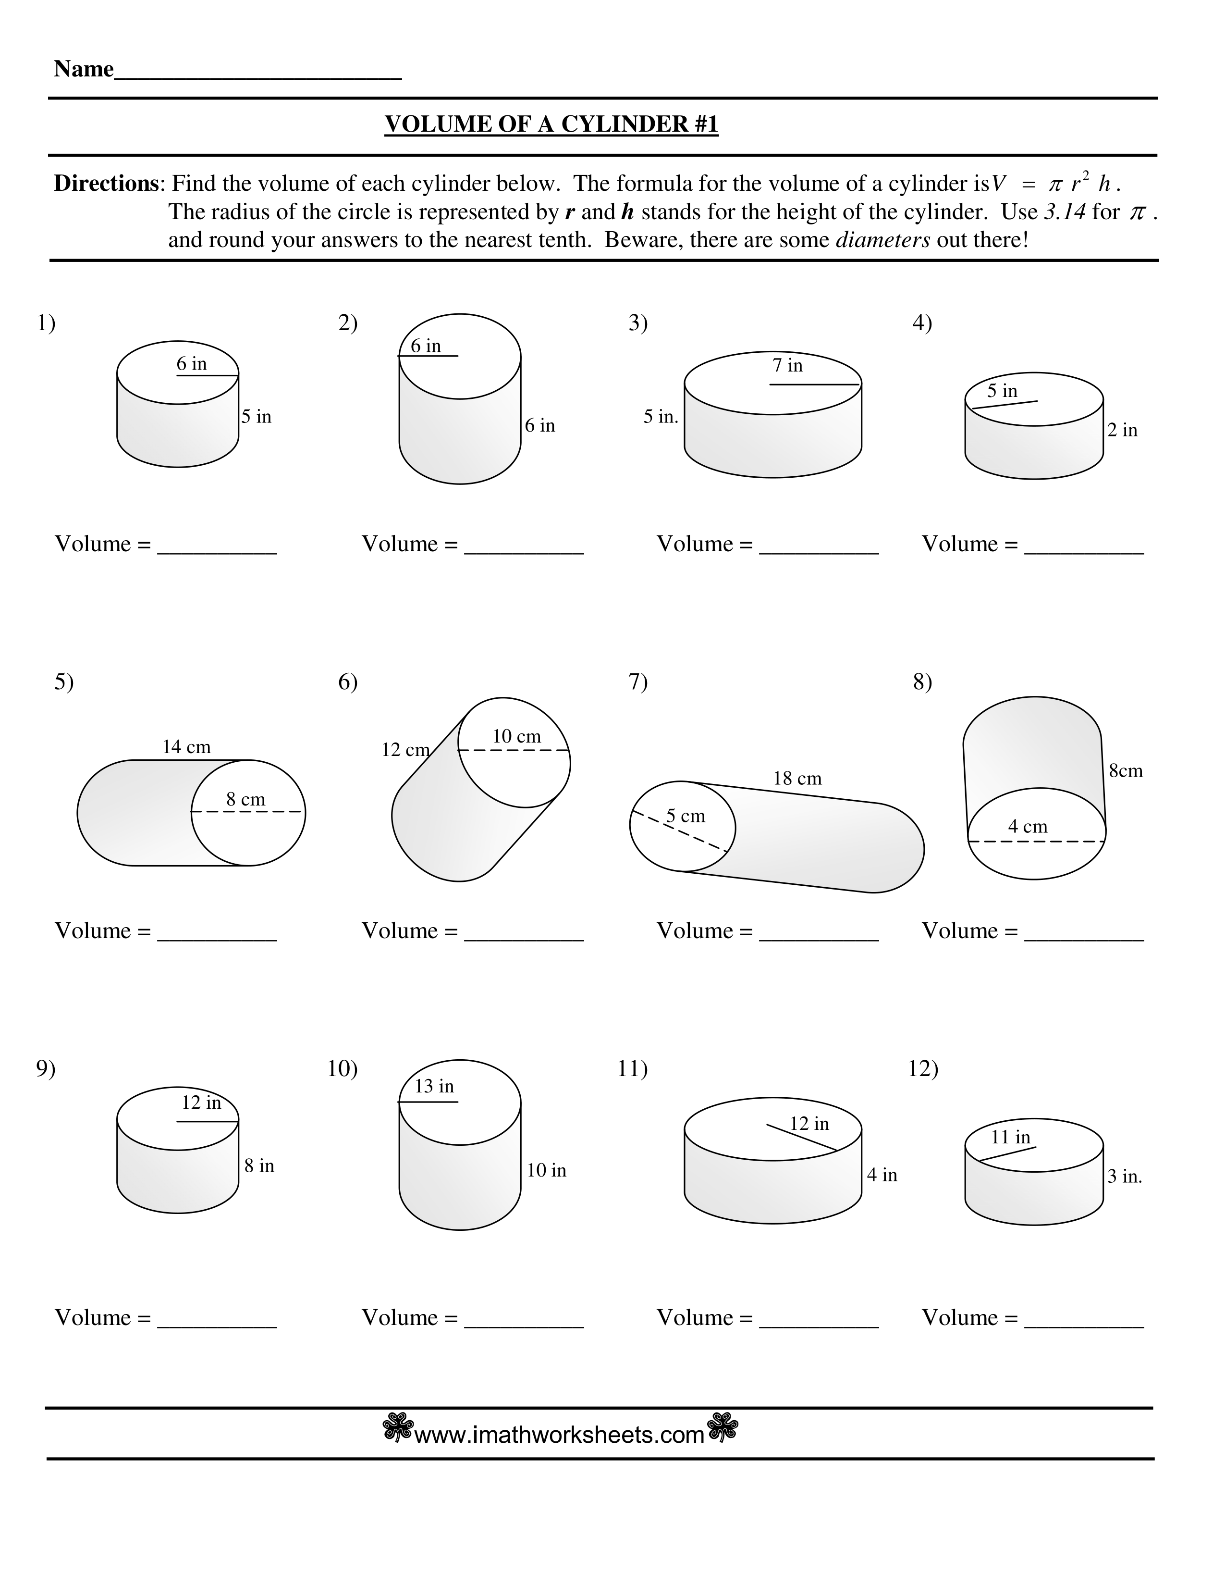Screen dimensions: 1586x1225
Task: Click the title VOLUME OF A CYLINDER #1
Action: pos(551,124)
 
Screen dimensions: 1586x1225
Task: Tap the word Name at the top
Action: pos(84,69)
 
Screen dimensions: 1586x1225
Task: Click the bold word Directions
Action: pos(106,184)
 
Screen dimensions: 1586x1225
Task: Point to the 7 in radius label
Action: pos(787,365)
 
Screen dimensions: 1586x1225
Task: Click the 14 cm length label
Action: pos(186,746)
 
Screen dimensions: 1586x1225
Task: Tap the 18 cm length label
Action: pos(797,779)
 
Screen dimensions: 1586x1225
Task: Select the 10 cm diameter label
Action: pos(517,736)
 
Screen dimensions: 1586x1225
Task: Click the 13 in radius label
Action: pos(434,1086)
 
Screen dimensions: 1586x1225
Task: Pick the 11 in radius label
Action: pos(1010,1137)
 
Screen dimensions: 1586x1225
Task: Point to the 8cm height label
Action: pos(1126,770)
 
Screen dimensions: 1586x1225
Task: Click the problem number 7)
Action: pos(638,682)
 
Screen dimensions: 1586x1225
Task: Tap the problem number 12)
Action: pos(923,1068)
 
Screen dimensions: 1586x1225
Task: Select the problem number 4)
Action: pos(922,322)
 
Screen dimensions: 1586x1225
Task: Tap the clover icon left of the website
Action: pos(398,1428)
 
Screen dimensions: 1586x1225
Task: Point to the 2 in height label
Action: pos(1122,430)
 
